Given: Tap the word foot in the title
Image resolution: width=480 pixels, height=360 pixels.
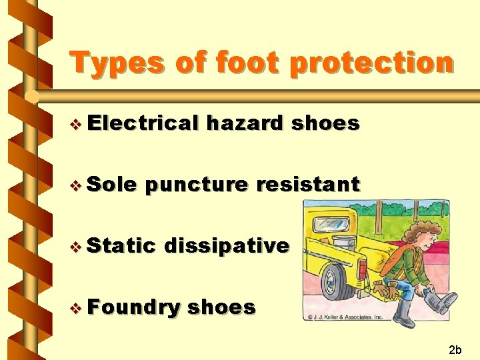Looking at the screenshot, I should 236,64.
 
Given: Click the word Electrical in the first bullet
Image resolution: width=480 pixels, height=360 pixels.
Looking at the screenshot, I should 143,123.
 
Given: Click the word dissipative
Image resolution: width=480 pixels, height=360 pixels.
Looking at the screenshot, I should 226,246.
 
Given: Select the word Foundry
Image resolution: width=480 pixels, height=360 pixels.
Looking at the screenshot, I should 133,307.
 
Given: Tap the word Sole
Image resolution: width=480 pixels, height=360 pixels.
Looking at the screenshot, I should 111,185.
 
